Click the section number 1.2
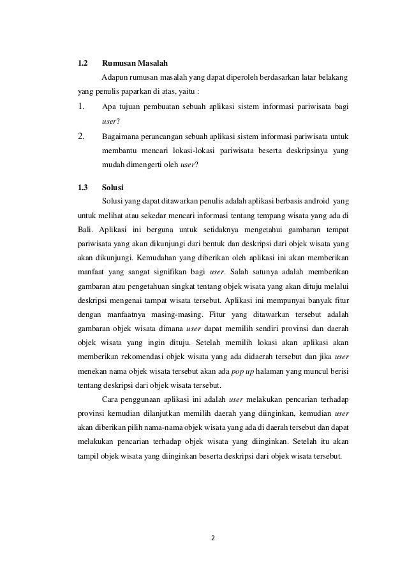(x=82, y=64)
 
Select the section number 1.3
(x=82, y=188)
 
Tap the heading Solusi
(x=114, y=188)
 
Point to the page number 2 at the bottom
(x=214, y=537)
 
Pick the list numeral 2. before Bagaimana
(x=81, y=135)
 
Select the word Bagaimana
(x=122, y=136)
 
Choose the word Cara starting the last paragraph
(x=110, y=400)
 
